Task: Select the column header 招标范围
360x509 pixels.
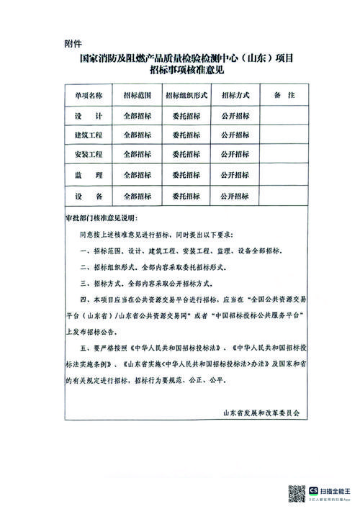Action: [x=137, y=94]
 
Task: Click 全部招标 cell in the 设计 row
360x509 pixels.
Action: [x=137, y=114]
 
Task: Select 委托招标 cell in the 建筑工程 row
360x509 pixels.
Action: [x=186, y=134]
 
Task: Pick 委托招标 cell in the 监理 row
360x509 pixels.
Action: [x=186, y=175]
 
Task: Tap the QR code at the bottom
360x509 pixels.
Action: [x=297, y=494]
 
